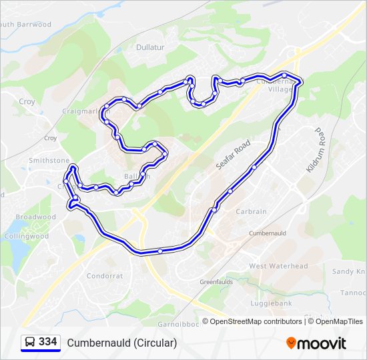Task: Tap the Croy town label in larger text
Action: click(x=27, y=102)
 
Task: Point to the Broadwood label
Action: click(x=35, y=217)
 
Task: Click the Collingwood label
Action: click(x=27, y=236)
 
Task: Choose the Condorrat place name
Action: click(x=105, y=276)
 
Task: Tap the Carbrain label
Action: click(x=251, y=211)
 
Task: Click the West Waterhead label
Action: click(x=278, y=266)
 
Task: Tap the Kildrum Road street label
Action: click(x=315, y=151)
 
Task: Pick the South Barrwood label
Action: click(x=25, y=25)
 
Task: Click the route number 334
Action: click(x=47, y=342)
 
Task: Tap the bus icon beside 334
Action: click(x=30, y=343)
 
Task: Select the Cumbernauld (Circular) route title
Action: click(x=121, y=343)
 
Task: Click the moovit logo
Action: click(x=316, y=343)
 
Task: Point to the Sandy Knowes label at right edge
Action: click(x=349, y=271)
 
